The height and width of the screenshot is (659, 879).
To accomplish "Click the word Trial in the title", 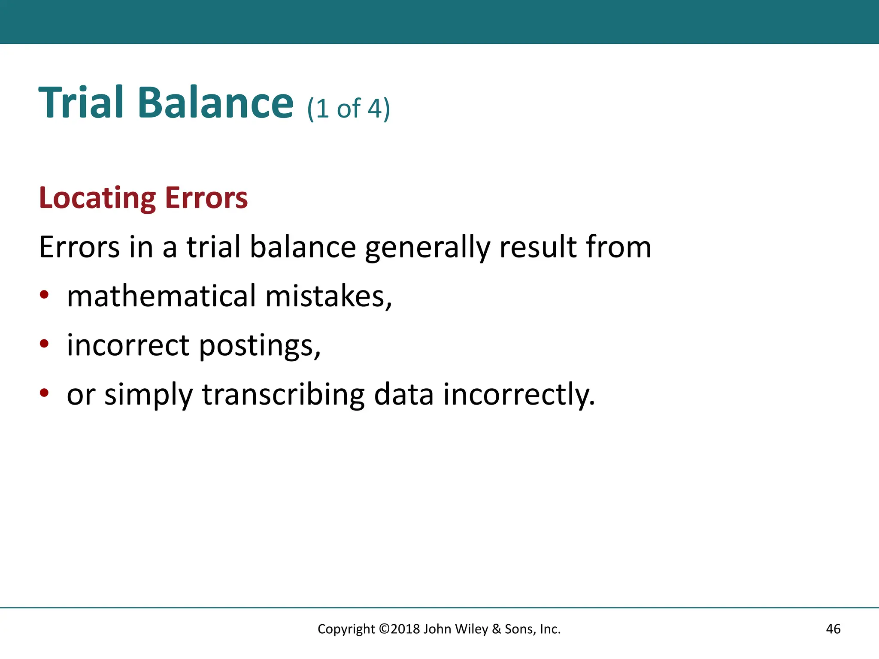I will [x=82, y=103].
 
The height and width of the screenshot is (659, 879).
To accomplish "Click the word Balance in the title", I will [x=215, y=103].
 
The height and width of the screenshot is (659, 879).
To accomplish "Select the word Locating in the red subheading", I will [x=97, y=198].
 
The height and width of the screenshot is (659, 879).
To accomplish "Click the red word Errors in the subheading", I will [x=206, y=198].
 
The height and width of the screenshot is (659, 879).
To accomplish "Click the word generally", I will [x=427, y=248].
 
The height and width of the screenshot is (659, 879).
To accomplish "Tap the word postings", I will [x=260, y=346].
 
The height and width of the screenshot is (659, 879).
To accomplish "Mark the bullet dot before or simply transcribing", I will [x=44, y=393].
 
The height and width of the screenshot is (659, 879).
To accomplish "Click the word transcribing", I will [x=283, y=395].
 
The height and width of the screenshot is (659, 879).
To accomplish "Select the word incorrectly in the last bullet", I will [x=519, y=395].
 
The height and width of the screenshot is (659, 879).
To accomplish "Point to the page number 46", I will [x=833, y=629].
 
